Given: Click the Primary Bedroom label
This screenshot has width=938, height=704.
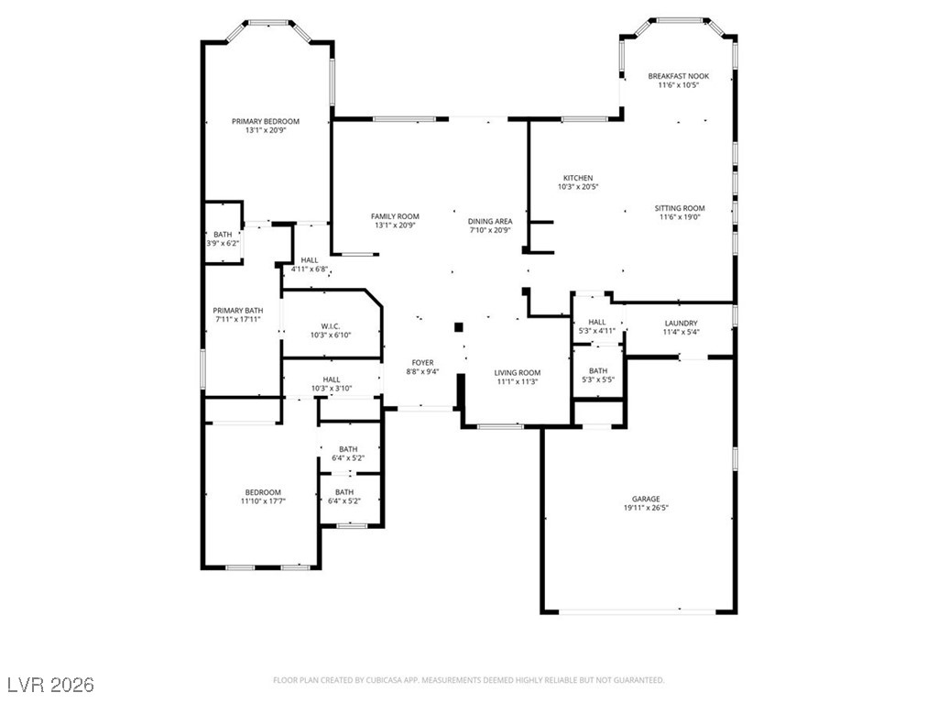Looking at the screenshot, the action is tap(266, 126).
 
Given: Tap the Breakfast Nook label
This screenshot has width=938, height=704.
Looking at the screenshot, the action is tap(679, 81).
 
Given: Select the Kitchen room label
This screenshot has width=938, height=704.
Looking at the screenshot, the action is tap(578, 182).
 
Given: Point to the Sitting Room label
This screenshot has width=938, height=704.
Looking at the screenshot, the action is tap(680, 213).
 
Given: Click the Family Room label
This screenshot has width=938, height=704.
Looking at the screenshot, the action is tap(395, 221).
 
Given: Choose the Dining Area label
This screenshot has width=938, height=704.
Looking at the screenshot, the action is tap(490, 225).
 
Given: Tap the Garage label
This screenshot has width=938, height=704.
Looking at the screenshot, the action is tap(646, 503).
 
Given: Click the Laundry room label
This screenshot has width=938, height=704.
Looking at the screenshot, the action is tap(681, 327).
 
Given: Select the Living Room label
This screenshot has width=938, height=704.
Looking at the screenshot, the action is tap(518, 377).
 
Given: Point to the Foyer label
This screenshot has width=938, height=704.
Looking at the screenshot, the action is tap(422, 367).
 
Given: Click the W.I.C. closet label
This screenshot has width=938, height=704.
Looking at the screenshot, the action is tap(330, 330).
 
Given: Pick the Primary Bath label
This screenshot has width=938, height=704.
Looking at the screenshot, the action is tap(238, 315).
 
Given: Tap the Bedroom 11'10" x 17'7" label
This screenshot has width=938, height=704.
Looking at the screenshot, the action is tap(263, 497).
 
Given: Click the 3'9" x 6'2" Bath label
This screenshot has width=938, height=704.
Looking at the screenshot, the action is tap(223, 239).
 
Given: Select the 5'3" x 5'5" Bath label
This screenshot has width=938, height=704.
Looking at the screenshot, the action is tap(598, 375).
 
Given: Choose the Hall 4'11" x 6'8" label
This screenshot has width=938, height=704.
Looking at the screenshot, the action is tap(310, 265).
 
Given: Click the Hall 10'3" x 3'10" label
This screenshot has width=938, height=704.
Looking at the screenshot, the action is tap(332, 384).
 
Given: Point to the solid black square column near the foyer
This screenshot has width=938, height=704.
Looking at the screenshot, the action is tap(459, 327).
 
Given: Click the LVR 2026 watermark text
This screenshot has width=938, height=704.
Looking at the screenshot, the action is tap(51, 684).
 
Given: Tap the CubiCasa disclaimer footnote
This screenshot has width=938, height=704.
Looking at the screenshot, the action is tap(468, 680).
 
